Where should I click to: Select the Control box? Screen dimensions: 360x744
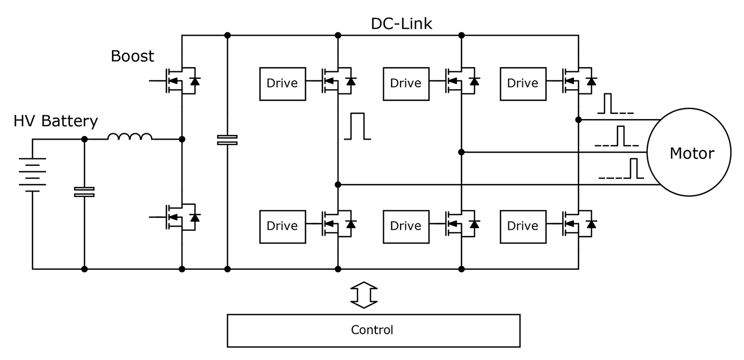pos(373,330)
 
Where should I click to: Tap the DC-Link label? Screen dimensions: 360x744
pos(401,24)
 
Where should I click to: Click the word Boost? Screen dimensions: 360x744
pos(132,56)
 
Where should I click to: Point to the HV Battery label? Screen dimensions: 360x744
pos(56,121)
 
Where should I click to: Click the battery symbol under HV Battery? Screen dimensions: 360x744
pos(33,174)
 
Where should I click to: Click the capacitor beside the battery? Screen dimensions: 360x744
pos(85,192)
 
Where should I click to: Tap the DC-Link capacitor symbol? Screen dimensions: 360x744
pos(227,140)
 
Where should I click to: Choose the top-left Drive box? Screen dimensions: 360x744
pos(282,83)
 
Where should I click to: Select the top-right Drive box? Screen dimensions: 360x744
pos(522,83)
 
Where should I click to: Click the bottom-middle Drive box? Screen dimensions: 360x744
pos(406,226)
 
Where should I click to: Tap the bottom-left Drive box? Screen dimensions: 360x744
pos(282,226)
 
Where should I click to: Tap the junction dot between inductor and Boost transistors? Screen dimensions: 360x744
pos(182,140)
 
